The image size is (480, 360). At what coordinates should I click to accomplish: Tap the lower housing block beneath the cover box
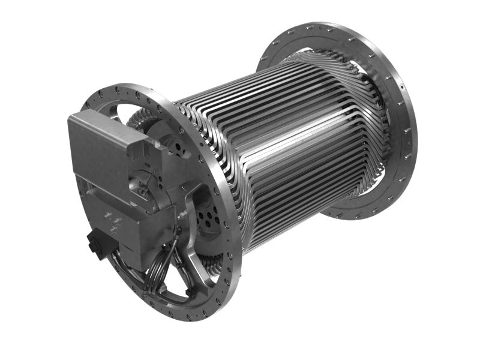pos(129,225)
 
